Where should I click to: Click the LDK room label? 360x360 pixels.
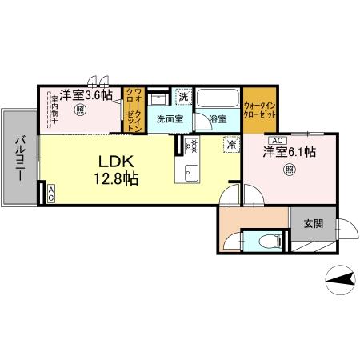point(116,158)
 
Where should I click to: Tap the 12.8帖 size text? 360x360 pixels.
point(117,178)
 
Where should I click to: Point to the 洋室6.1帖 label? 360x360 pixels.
point(290,152)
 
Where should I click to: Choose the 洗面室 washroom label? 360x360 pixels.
point(170,119)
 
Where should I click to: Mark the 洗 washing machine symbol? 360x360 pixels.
point(184,97)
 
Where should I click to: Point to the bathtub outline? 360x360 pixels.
point(218,100)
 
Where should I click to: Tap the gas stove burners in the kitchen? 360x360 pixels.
point(192,146)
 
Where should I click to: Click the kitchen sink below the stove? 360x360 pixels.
point(192,171)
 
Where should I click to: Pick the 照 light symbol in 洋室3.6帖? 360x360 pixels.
point(80,111)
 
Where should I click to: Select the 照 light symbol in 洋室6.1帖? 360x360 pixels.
point(289,169)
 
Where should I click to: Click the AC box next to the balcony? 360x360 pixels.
point(50,191)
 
